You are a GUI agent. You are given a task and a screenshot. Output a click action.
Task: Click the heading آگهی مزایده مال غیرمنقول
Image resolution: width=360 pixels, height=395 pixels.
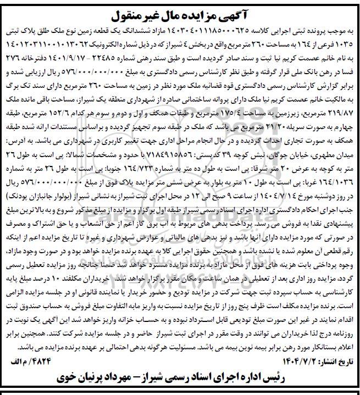[x=180, y=9]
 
